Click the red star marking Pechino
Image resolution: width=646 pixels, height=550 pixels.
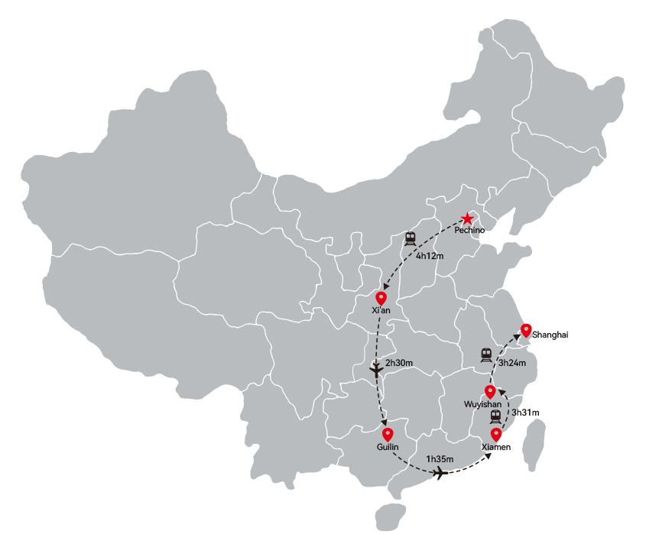coord(467,218)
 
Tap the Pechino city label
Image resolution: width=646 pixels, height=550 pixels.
coord(469,230)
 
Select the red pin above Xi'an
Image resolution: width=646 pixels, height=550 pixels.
coord(381,298)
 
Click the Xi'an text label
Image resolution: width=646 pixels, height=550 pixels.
coord(381,310)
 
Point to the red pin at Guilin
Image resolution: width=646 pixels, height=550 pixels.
coord(388,435)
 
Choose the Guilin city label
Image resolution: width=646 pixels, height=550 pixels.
coord(388,447)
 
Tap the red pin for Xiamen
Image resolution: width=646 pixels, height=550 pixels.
coord(496,435)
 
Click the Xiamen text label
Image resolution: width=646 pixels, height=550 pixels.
coord(496,447)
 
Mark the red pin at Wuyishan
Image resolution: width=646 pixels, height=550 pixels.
coord(490,392)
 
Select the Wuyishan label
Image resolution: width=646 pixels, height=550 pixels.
coord(483,404)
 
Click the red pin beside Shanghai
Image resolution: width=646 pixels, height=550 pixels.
coord(526,331)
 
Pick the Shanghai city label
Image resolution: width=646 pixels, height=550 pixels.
coord(550,335)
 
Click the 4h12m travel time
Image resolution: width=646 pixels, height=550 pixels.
coord(430,256)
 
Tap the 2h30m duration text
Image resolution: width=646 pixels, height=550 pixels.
coord(399,363)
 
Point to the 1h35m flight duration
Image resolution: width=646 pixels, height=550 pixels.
coord(440,459)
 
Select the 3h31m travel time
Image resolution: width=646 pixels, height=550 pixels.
coord(525,412)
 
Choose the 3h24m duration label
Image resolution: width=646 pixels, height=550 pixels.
coord(512,363)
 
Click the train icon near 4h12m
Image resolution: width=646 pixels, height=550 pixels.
coord(410,239)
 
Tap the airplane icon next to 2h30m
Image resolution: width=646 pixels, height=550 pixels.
coord(376,370)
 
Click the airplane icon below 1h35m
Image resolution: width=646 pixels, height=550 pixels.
coord(441,473)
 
